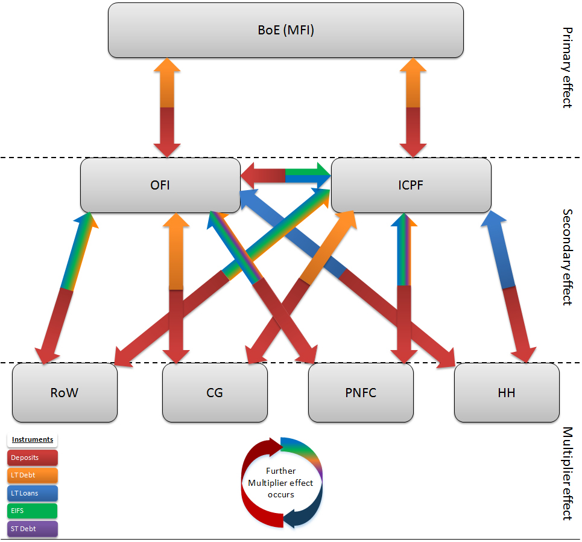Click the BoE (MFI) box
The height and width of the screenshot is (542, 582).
coord(285,30)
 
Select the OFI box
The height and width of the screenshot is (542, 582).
coord(160,185)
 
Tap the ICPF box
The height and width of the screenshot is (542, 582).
coord(411,185)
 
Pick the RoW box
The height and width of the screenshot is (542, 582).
coord(65,392)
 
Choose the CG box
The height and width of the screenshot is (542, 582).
coord(215,392)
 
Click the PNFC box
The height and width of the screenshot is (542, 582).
coord(361,392)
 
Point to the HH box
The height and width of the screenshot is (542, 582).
coord(507,392)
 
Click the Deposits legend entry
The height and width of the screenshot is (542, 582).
coord(33,458)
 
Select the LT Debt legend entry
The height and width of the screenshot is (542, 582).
coord(33,476)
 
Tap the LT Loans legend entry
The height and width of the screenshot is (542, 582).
coord(33,493)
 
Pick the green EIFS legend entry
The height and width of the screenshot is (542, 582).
coord(33,511)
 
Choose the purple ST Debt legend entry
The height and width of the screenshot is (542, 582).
coord(33,529)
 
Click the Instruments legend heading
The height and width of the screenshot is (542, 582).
coord(33,439)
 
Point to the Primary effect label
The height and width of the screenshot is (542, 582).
coord(566,67)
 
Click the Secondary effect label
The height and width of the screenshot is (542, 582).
coord(566,257)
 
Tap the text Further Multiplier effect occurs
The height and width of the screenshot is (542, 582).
coord(281,482)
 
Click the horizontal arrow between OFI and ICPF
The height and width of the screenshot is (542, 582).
coord(285,176)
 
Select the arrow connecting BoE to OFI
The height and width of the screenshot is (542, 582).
coord(167,107)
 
